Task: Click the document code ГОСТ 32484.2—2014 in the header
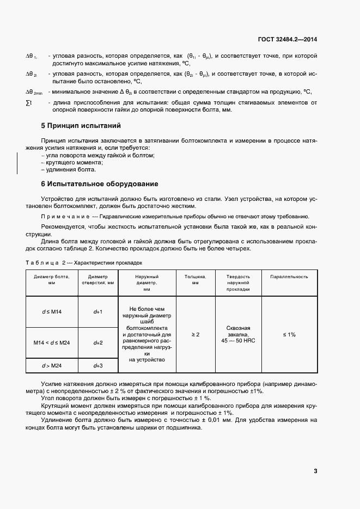coord(288,39)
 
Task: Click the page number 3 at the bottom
coord(315,471)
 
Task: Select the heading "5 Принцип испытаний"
coord(81,126)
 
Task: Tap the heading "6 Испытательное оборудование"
coord(100,183)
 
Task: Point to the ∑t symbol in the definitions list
coord(29,102)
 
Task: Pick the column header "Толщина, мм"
coord(195,279)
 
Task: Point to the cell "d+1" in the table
coord(98,311)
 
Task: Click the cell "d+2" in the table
coord(98,342)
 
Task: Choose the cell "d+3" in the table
coord(98,365)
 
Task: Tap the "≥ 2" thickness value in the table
coord(195,334)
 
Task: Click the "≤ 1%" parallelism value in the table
coord(289,334)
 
